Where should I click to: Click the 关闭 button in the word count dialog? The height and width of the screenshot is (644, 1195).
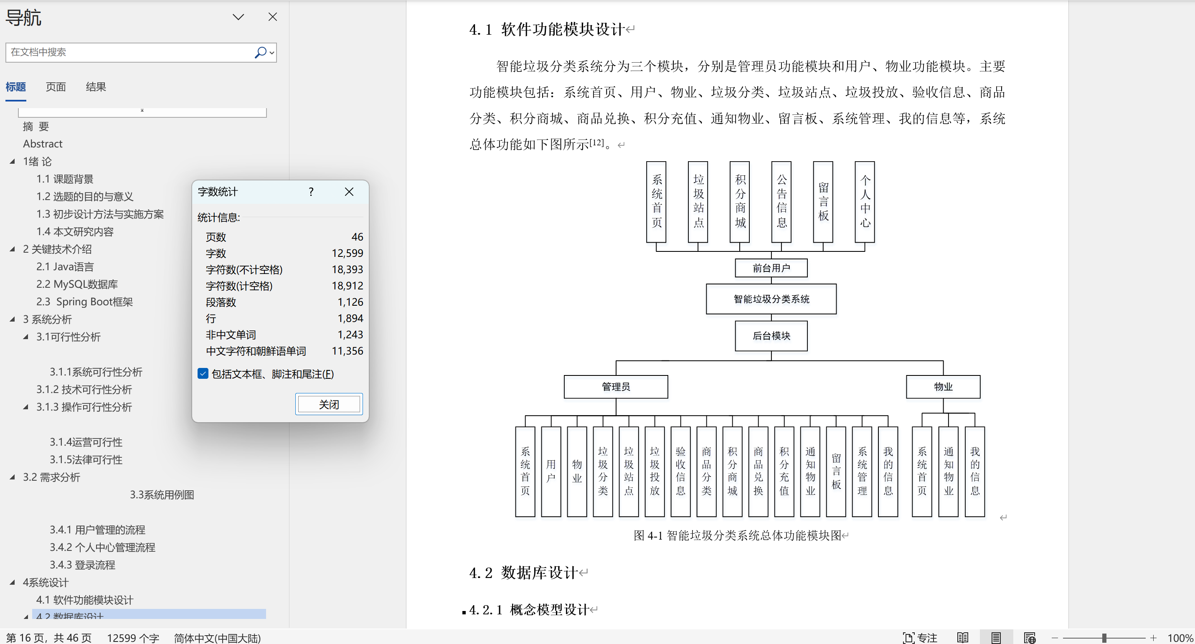pos(329,404)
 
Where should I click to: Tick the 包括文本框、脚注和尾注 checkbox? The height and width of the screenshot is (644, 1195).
pos(203,374)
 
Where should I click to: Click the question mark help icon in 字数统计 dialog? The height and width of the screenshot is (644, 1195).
pos(311,192)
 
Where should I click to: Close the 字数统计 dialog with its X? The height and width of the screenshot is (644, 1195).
pos(349,192)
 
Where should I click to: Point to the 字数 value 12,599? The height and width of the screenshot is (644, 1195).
pos(347,254)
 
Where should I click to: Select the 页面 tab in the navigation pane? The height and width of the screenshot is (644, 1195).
pos(56,87)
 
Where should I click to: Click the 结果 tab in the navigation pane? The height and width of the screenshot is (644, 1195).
pos(96,87)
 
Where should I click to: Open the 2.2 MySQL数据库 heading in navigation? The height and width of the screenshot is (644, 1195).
pos(77,284)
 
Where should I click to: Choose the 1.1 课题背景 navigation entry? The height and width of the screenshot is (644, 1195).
pos(65,179)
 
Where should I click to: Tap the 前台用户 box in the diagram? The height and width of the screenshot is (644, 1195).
pos(771,268)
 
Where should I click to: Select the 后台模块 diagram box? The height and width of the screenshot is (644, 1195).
pos(771,336)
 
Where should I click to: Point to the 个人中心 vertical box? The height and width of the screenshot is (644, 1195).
pos(865,202)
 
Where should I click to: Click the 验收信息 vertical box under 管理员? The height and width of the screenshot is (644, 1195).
pos(680,472)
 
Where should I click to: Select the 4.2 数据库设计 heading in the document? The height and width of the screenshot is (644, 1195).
pos(523,573)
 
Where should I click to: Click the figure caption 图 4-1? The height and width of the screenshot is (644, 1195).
pos(738,535)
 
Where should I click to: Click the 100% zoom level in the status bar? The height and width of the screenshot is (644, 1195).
pos(1180,638)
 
